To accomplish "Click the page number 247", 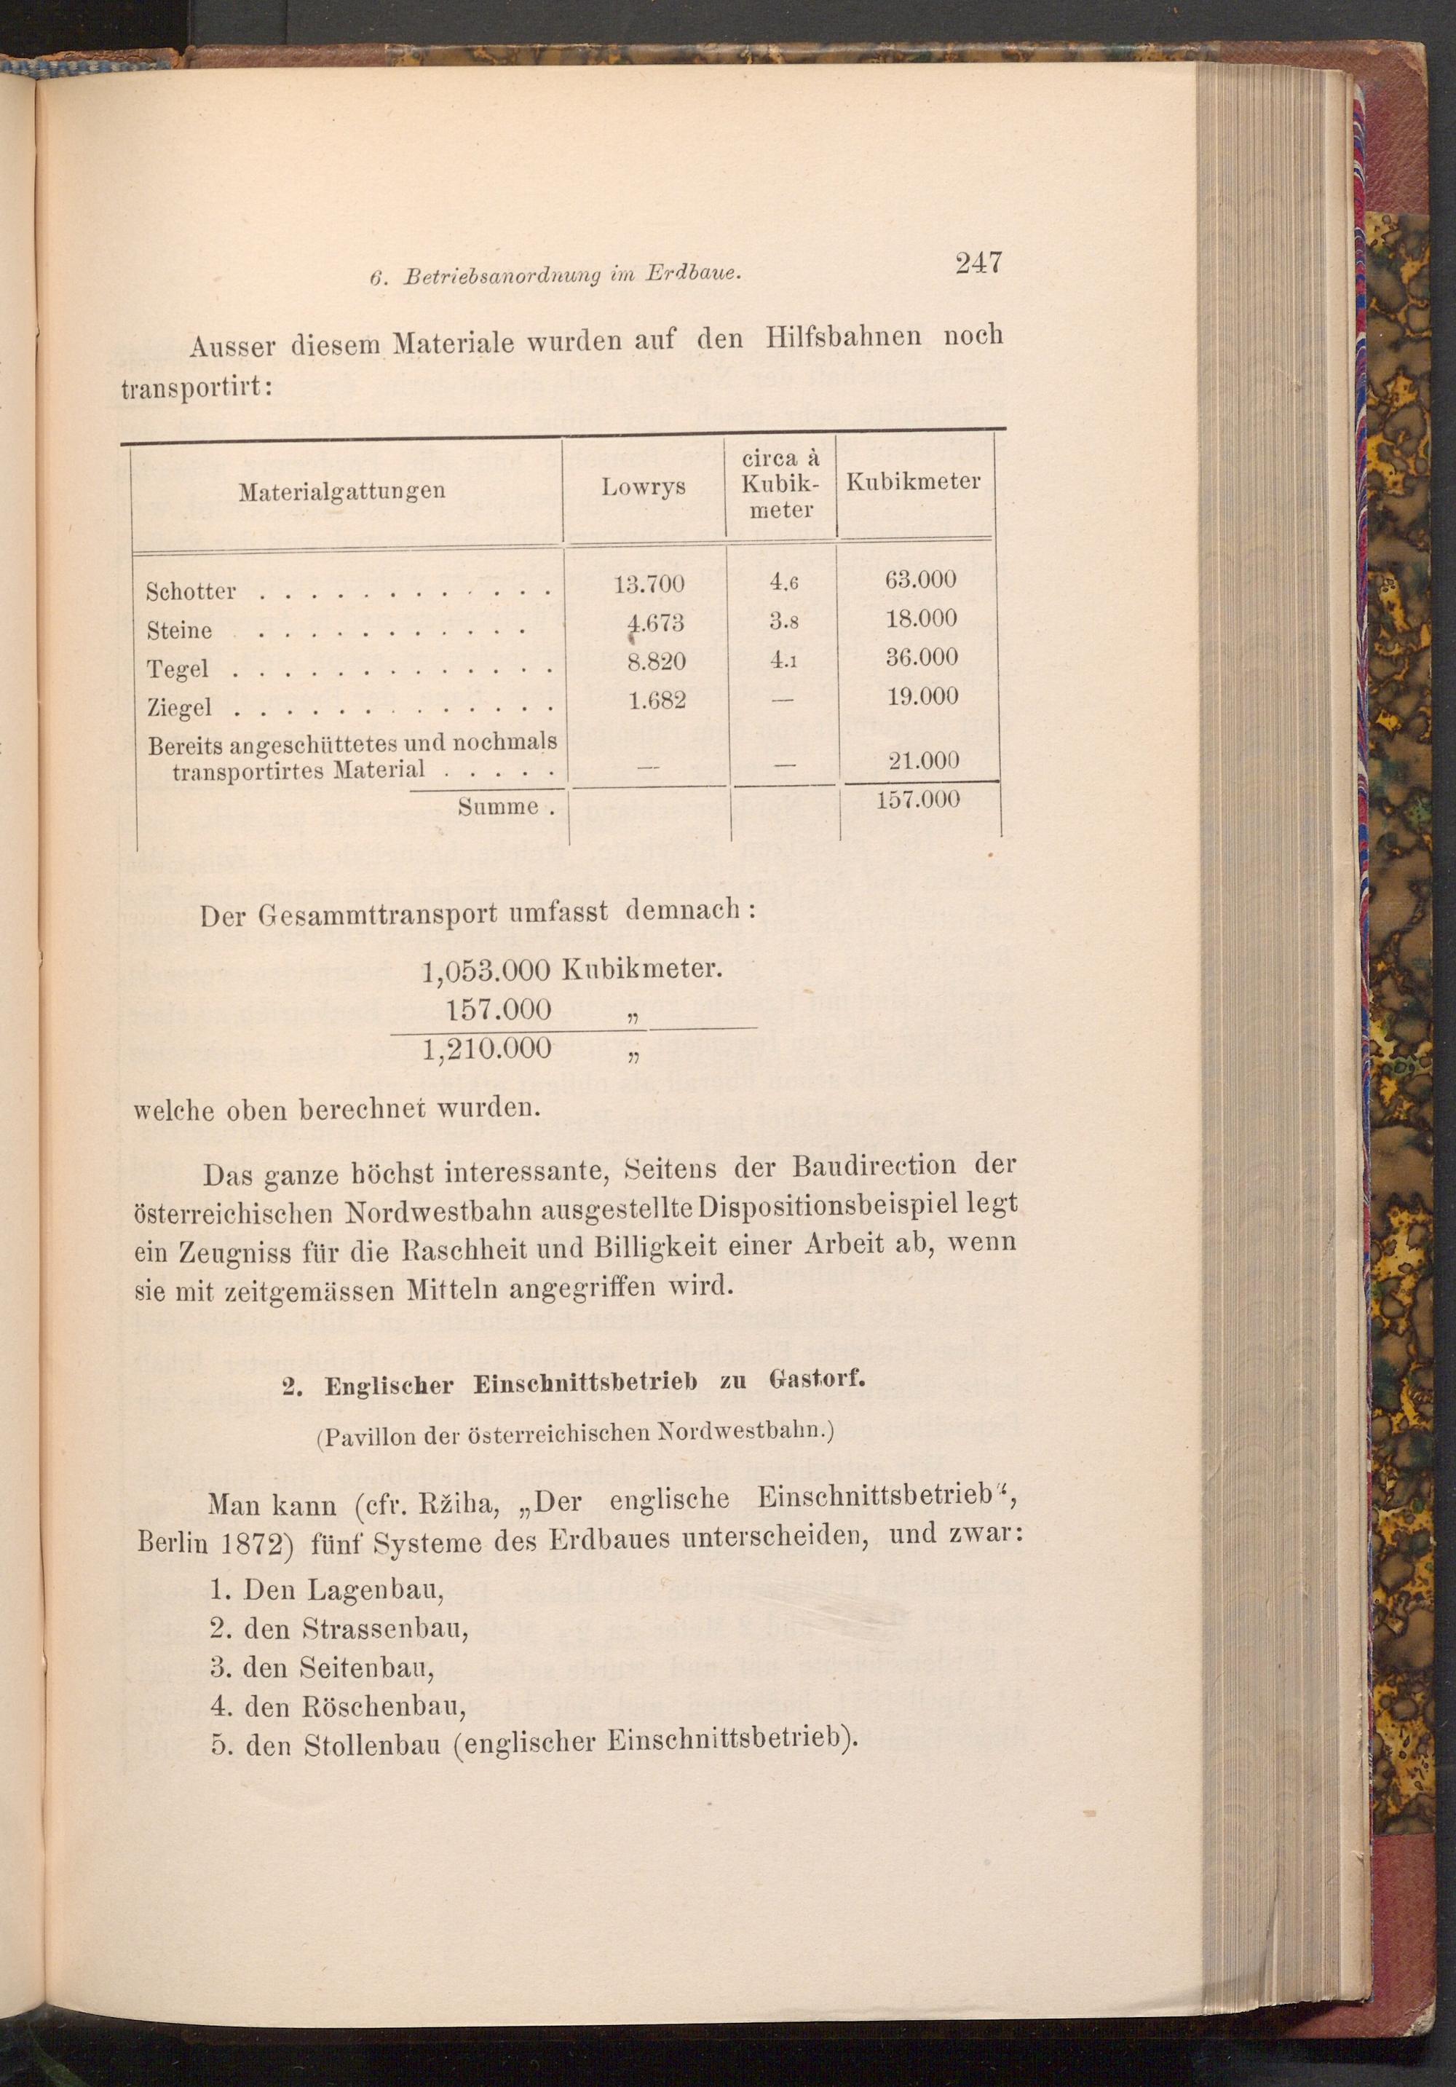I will pyautogui.click(x=977, y=263).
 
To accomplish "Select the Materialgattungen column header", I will pyautogui.click(x=341, y=492).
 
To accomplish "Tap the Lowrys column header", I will pyautogui.click(x=644, y=487).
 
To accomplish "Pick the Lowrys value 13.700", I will pyautogui.click(x=648, y=583).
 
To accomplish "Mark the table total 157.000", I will pyautogui.click(x=918, y=798).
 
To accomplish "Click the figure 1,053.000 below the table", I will pyautogui.click(x=487, y=971).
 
